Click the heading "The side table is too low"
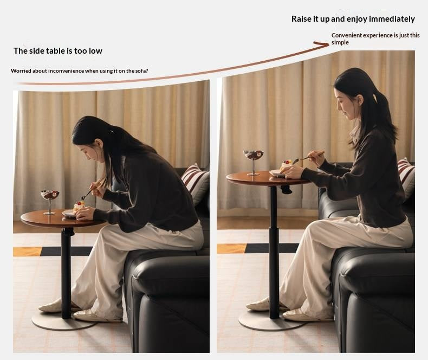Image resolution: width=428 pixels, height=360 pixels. click(x=58, y=51)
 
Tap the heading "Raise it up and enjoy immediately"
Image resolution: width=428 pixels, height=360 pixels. click(x=353, y=19)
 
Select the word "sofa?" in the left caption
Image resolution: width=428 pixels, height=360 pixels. click(x=141, y=70)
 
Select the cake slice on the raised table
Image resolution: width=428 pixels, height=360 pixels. click(x=287, y=165)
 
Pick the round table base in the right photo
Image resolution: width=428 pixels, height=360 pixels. click(x=272, y=322)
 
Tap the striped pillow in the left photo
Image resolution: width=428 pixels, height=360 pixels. click(x=196, y=183)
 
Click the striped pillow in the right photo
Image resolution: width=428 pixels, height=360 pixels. click(x=406, y=176)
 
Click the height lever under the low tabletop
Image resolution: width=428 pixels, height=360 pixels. click(x=69, y=232)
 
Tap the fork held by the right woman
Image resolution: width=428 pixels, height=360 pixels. click(x=308, y=157)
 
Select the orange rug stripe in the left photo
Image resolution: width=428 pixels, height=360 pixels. click(x=28, y=251)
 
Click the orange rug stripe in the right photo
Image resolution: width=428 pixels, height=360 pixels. click(x=232, y=248)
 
